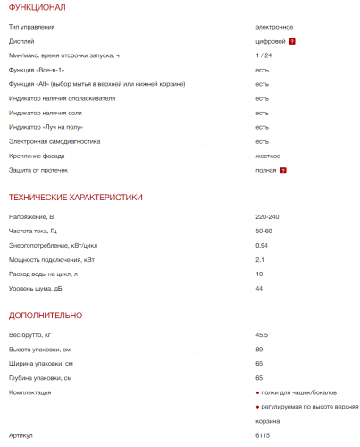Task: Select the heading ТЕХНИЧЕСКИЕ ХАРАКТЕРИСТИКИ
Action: (75, 197)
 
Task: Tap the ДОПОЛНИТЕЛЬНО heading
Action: (46, 315)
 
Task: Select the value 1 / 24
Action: (264, 55)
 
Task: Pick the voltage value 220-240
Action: (268, 217)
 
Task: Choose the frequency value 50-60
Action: (264, 232)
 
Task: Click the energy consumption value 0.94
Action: (262, 245)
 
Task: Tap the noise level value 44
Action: (259, 288)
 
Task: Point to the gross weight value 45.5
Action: (262, 334)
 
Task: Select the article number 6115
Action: (262, 434)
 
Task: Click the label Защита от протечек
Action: (38, 169)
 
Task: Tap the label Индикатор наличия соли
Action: (46, 113)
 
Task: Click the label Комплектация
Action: (29, 392)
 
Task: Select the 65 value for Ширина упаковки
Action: (259, 364)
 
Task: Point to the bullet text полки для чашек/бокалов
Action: (299, 392)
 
